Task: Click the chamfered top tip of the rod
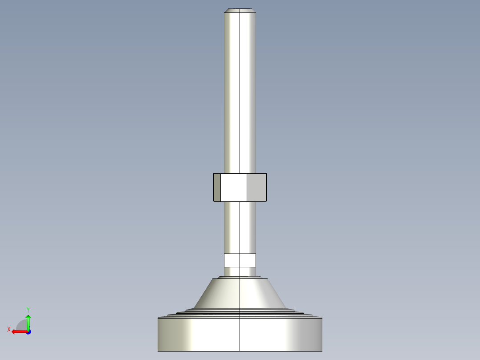[240, 10]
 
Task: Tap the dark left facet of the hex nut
[217, 188]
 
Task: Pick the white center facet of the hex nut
[234, 188]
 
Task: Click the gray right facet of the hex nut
[256, 188]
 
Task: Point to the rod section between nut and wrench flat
[240, 227]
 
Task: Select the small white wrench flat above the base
[240, 260]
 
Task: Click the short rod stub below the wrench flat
[240, 271]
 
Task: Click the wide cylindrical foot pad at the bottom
[240, 334]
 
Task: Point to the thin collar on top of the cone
[240, 278]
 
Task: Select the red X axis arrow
[18, 331]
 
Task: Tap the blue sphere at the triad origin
[28, 332]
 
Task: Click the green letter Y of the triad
[28, 309]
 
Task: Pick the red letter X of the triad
[8, 330]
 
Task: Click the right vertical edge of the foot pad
[322, 334]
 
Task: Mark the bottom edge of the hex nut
[240, 201]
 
